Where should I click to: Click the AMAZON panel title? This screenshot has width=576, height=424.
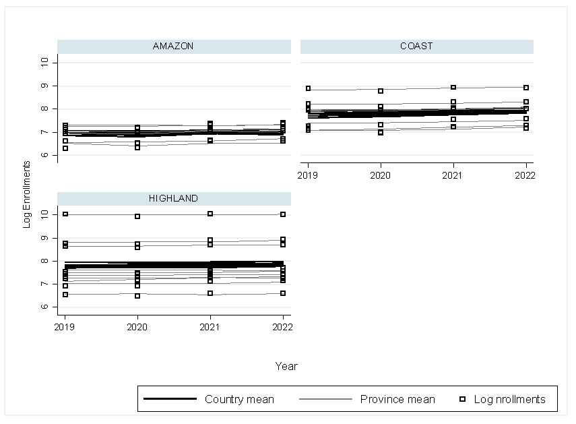(173, 47)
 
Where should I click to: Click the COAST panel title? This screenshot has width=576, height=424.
(416, 47)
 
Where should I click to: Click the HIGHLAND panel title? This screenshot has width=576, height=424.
(173, 198)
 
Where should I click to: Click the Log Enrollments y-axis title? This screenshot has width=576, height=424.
(27, 193)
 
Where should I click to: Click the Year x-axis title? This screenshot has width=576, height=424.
(286, 366)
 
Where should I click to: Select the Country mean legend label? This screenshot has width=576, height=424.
(239, 399)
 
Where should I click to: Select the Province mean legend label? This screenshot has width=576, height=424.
(397, 399)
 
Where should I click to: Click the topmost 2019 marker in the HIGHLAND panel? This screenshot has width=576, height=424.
(65, 214)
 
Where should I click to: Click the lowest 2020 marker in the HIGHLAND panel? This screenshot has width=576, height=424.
(137, 296)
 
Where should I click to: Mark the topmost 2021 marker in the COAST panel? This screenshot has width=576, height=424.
(453, 88)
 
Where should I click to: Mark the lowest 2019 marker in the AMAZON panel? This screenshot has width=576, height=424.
(65, 148)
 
